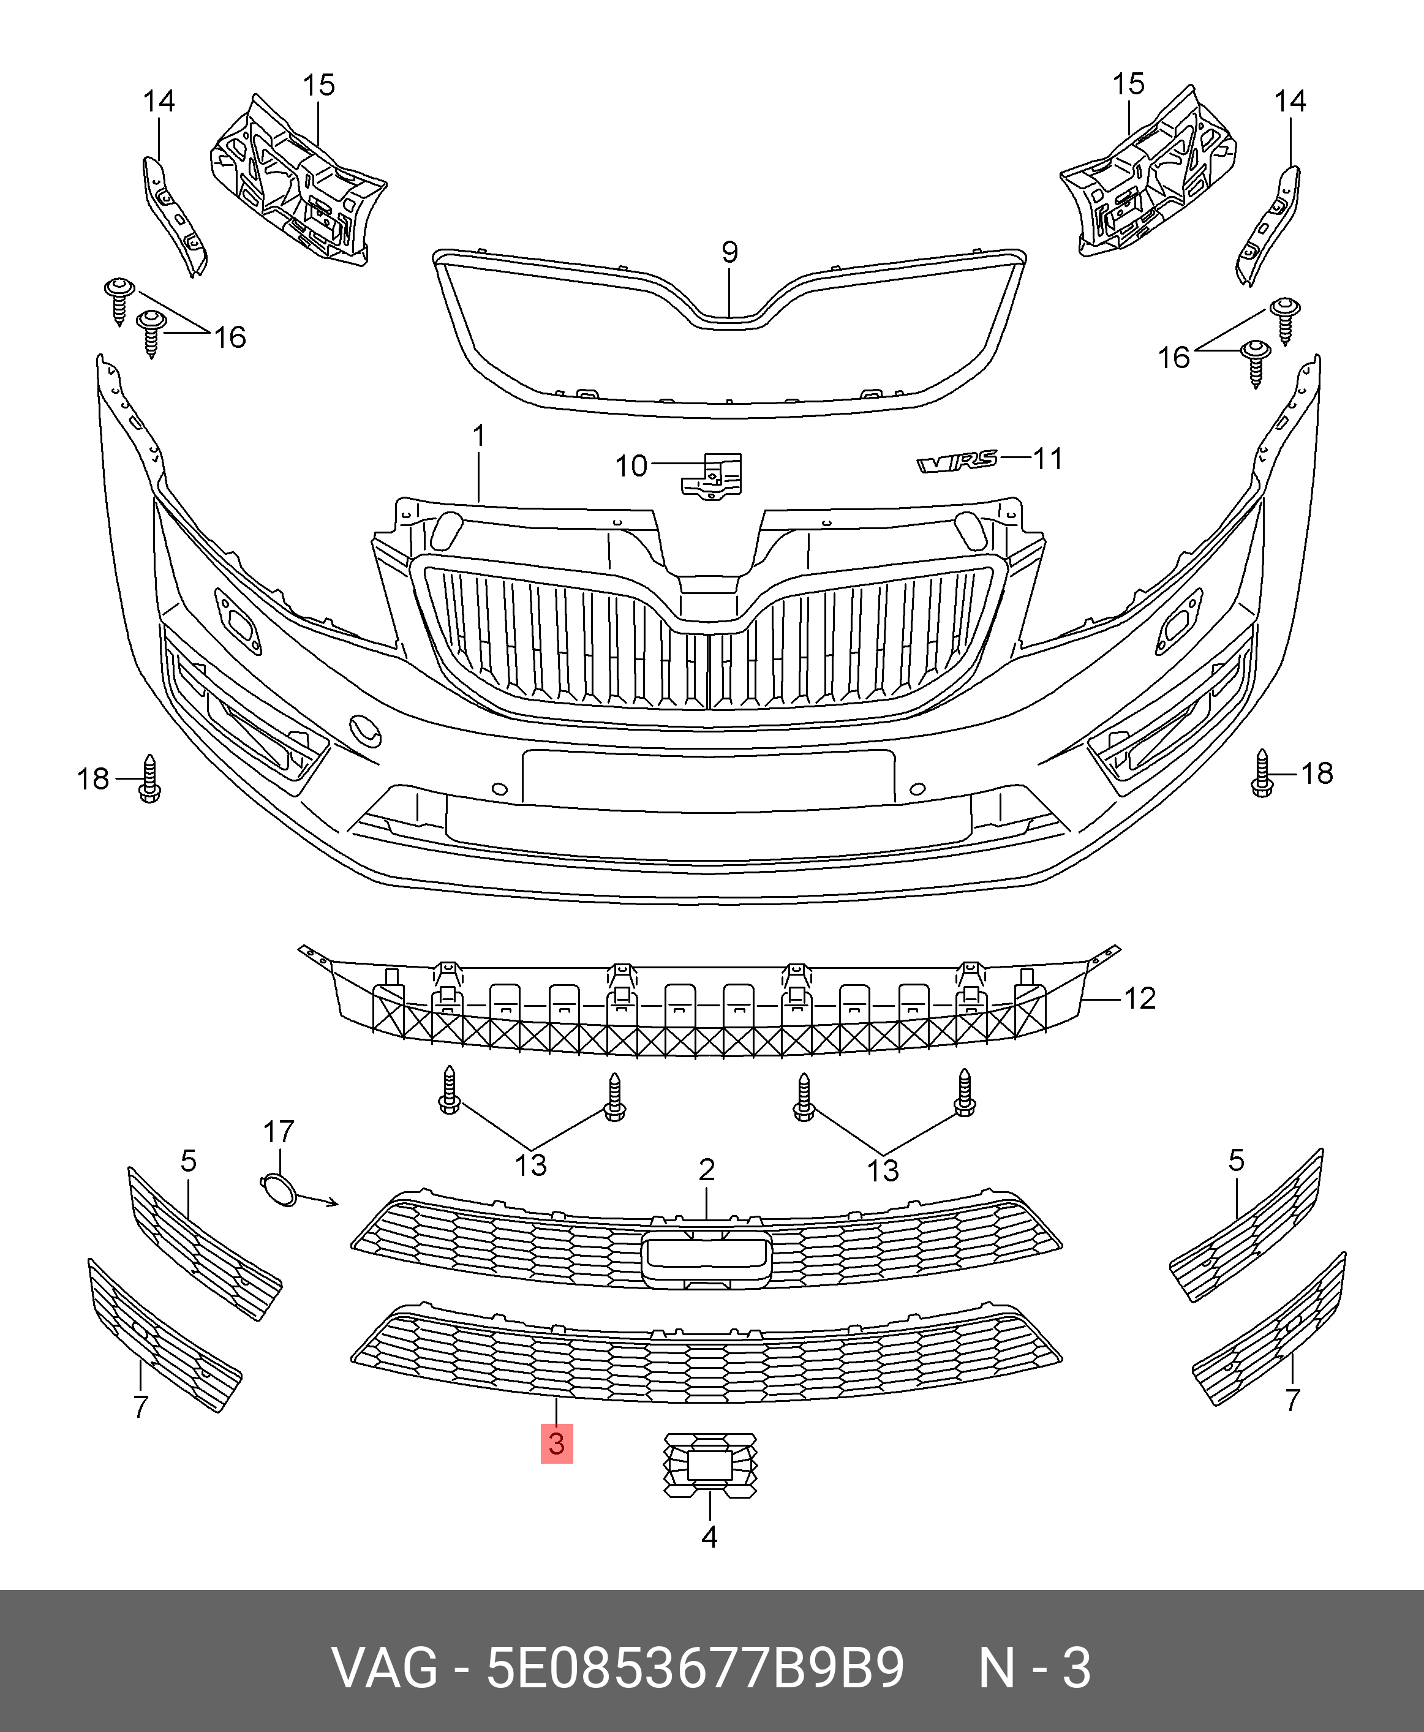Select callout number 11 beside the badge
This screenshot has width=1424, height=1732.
1047,459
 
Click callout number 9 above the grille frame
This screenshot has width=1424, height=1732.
729,252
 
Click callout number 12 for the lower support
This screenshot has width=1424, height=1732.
1139,998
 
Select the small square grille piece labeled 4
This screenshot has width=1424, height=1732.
709,1466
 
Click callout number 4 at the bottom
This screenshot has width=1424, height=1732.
709,1537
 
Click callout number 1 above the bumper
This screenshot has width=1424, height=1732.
479,435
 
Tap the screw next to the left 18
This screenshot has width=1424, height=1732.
149,778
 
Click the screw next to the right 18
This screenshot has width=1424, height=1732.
1262,774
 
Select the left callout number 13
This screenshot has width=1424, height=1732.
531,1165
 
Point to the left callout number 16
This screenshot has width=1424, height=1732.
230,337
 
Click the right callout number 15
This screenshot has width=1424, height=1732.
1128,84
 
